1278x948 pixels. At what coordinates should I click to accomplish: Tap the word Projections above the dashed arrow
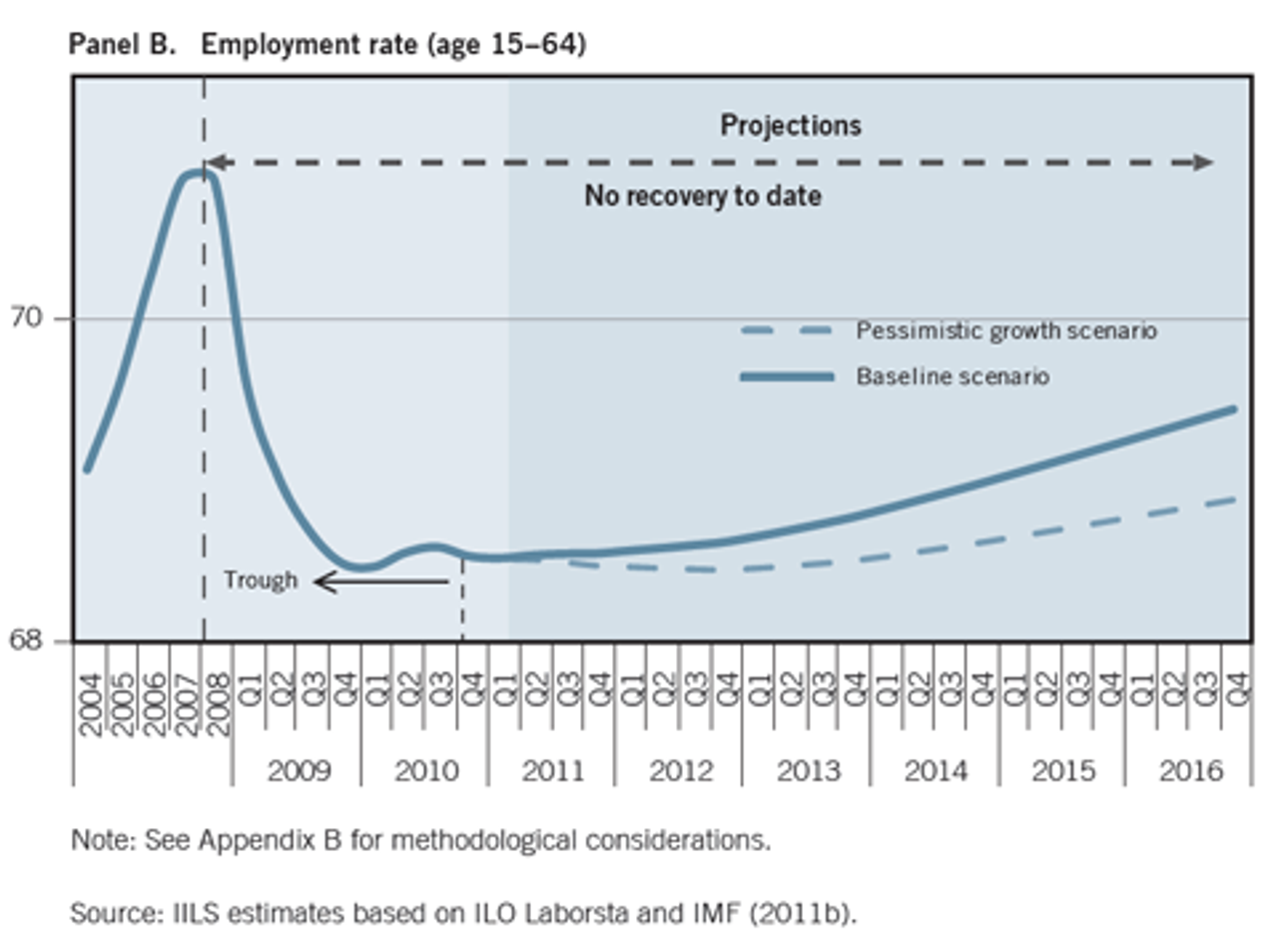click(x=791, y=126)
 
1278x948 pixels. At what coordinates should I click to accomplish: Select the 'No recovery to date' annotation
click(x=703, y=196)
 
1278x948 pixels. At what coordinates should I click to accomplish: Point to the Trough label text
click(x=260, y=580)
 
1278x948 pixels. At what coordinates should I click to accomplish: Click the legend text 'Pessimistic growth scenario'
click(x=1006, y=331)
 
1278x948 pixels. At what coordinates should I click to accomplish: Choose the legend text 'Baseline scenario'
click(x=953, y=377)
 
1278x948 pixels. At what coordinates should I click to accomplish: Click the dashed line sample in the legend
click(x=787, y=331)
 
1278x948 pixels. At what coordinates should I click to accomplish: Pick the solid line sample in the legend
click(x=787, y=377)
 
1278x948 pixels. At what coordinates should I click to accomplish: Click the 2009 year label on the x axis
click(x=297, y=771)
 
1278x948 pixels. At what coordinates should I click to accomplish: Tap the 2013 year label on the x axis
click(x=808, y=771)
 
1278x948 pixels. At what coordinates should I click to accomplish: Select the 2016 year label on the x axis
click(x=1190, y=771)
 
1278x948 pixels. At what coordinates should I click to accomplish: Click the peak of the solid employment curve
click(x=197, y=173)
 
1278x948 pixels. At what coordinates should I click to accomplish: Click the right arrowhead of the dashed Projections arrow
click(x=1206, y=162)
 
